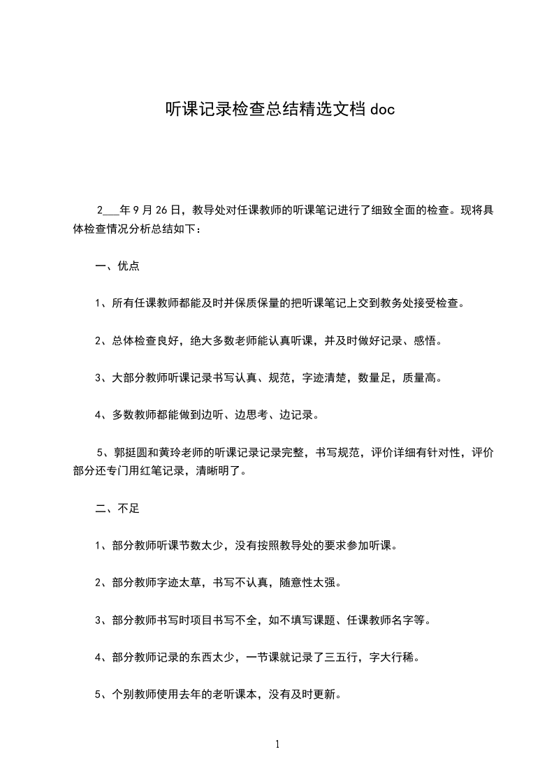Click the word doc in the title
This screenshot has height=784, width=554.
(x=381, y=109)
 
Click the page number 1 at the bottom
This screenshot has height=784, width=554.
(x=277, y=744)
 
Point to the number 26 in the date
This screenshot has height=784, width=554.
(x=159, y=209)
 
